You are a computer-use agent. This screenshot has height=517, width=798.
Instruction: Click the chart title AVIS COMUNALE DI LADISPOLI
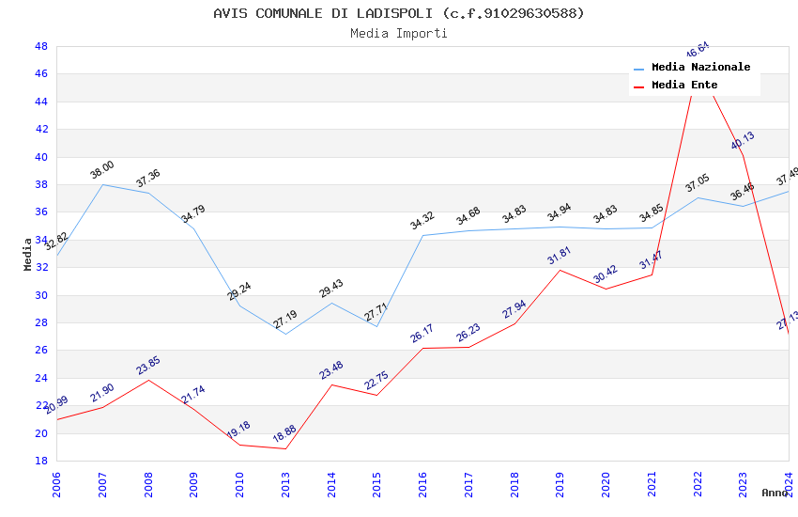[398, 13]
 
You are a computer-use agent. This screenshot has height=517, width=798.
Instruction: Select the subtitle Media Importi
[398, 34]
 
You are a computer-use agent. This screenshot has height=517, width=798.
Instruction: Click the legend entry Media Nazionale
[700, 68]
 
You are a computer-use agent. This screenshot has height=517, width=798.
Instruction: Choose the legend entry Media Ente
[684, 86]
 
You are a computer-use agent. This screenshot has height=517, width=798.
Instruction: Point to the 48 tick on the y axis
[41, 46]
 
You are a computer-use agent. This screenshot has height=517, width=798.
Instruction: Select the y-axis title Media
[28, 254]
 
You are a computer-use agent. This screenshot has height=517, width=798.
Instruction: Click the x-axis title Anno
[775, 493]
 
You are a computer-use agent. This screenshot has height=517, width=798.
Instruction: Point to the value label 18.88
[285, 435]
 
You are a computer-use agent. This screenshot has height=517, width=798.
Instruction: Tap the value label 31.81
[560, 257]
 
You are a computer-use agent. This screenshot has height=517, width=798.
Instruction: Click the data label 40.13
[743, 141]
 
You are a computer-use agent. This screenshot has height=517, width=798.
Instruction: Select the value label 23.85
[148, 366]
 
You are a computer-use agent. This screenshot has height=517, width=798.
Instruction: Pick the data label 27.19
[285, 321]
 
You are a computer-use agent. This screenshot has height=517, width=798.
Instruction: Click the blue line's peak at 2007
[102, 184]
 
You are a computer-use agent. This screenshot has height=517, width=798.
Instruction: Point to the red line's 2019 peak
[560, 270]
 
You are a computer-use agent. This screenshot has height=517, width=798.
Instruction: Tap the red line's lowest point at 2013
[285, 448]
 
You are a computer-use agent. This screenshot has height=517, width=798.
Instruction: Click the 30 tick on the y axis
[41, 295]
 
